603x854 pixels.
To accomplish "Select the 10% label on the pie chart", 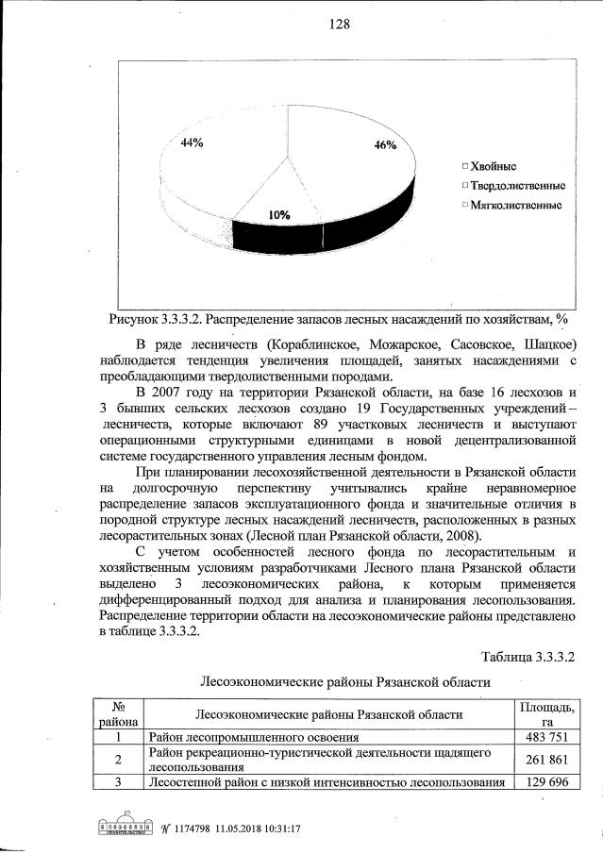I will (278, 215).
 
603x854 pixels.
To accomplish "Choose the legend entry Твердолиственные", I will (513, 185).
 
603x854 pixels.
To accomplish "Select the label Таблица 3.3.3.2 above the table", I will (528, 656).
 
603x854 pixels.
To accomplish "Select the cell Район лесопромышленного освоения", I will (254, 737).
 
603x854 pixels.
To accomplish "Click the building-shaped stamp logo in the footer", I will (126, 827).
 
